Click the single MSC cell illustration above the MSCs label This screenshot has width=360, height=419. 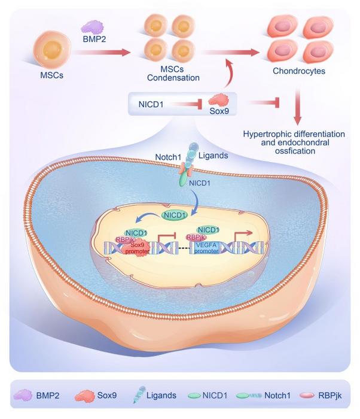click(x=52, y=50)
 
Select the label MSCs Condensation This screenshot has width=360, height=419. click(x=173, y=74)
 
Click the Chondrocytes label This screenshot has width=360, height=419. click(x=299, y=71)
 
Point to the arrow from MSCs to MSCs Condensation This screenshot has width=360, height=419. click(x=102, y=52)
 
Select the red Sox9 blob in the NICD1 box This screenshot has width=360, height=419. click(x=219, y=100)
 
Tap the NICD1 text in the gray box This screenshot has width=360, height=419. click(x=151, y=104)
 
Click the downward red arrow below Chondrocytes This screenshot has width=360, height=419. click(x=298, y=108)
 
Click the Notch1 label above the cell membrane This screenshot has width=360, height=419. click(x=168, y=157)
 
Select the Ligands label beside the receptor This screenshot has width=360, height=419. click(x=213, y=156)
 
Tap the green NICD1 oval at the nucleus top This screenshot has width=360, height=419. click(x=175, y=215)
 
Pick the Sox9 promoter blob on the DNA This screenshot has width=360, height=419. click(x=137, y=248)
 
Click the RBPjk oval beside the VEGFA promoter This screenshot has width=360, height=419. click(x=196, y=237)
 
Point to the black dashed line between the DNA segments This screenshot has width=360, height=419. click(x=184, y=248)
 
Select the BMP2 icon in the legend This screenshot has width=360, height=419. click(x=23, y=395)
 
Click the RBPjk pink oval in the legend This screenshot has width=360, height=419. click(x=307, y=395)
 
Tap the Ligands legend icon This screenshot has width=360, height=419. click(x=139, y=394)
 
